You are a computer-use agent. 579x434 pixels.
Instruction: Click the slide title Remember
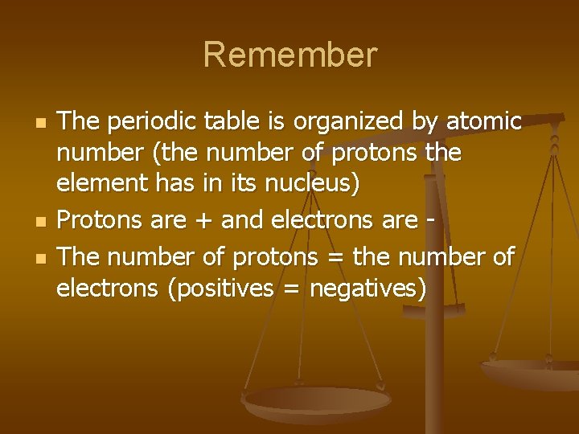tap(289, 55)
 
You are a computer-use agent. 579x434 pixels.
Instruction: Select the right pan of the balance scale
tap(531, 371)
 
